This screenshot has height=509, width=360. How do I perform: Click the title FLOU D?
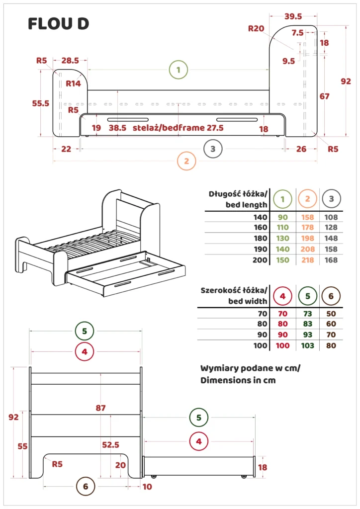pyautogui.click(x=58, y=23)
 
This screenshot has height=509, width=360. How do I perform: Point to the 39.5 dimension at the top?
pyautogui.click(x=293, y=16)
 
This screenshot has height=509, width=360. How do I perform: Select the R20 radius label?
pyautogui.click(x=256, y=28)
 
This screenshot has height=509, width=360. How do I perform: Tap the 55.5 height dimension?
pyautogui.click(x=41, y=103)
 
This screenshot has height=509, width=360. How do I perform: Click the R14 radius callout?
pyautogui.click(x=73, y=84)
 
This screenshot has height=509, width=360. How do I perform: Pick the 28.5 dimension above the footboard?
pyautogui.click(x=70, y=61)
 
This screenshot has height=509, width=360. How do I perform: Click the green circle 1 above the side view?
pyautogui.click(x=179, y=70)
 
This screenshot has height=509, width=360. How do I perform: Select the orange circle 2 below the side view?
pyautogui.click(x=186, y=161)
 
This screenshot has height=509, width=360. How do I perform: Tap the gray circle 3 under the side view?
pyautogui.click(x=213, y=148)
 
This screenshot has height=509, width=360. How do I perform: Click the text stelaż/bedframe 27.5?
pyautogui.click(x=179, y=128)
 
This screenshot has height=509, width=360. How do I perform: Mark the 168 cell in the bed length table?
pyautogui.click(x=331, y=260)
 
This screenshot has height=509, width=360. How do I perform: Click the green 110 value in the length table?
pyautogui.click(x=282, y=228)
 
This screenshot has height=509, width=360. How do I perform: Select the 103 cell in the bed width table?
pyautogui.click(x=308, y=345)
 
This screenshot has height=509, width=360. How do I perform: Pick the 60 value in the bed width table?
pyautogui.click(x=331, y=324)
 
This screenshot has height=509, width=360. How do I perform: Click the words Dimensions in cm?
pyautogui.click(x=238, y=380)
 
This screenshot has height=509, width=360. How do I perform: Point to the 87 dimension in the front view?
pyautogui.click(x=100, y=408)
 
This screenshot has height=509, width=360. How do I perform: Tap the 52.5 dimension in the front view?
pyautogui.click(x=111, y=445)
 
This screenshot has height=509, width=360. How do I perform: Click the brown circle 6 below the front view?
pyautogui.click(x=86, y=487)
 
